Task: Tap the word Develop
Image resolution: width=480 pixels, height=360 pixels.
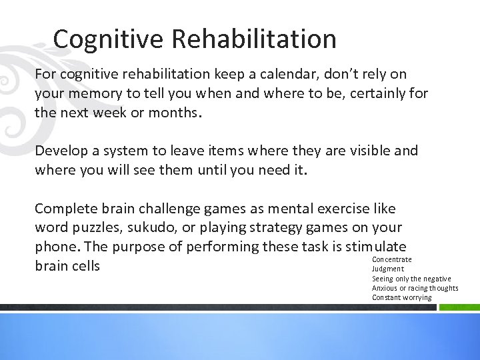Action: [x=62, y=151]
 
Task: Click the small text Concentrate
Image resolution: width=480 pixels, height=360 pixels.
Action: [x=391, y=259]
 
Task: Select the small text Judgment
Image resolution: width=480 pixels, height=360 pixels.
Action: [x=388, y=269]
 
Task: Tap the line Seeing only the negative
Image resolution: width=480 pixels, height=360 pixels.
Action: [x=411, y=279]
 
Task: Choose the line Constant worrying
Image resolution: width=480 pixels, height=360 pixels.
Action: [x=401, y=297]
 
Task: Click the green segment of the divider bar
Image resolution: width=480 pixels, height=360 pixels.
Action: [x=459, y=308]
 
